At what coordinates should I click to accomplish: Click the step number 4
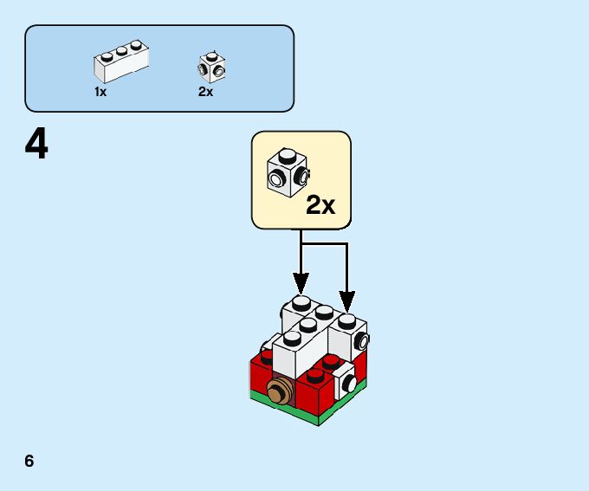tap(36, 145)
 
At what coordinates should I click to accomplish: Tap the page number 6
tap(29, 461)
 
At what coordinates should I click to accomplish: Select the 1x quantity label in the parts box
tap(100, 92)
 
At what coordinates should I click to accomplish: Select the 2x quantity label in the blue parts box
tap(205, 92)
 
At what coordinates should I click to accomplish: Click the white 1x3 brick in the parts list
tap(120, 63)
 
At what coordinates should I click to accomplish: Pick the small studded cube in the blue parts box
tap(211, 66)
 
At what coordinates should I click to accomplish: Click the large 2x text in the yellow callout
tap(320, 205)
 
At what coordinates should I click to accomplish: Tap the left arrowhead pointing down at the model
tap(301, 282)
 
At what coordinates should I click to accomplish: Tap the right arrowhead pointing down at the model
tap(346, 302)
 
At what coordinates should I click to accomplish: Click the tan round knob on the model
tap(280, 391)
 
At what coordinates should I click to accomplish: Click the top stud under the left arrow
tap(301, 302)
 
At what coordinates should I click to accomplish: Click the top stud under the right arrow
tap(346, 320)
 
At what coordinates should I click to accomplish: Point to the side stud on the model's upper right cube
tap(362, 339)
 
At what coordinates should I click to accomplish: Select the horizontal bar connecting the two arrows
tap(323, 243)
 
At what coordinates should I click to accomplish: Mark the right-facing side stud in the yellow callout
tap(302, 176)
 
